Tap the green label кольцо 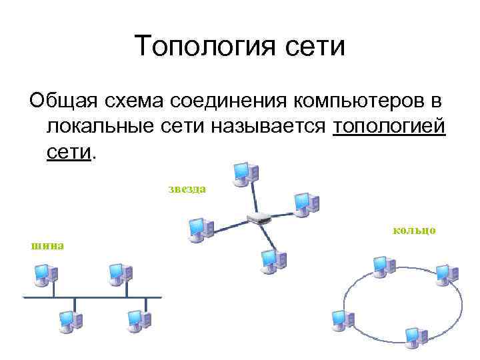(x=415, y=231)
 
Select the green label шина (x=46, y=245)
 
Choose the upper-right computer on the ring (x=445, y=274)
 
